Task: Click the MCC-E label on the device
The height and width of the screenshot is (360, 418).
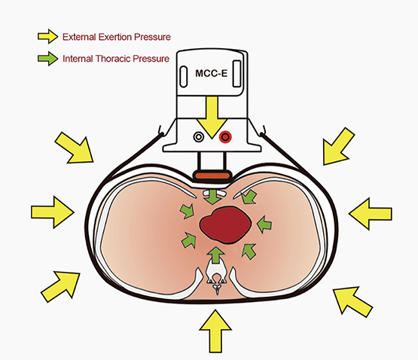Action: coord(212,73)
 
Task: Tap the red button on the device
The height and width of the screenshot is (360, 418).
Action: coord(225,137)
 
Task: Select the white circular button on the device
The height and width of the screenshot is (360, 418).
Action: coord(198,137)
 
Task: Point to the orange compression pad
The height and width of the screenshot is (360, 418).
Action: coord(212,175)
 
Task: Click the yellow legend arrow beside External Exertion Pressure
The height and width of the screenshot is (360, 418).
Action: coord(47,36)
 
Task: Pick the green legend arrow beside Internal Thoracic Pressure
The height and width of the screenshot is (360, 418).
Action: coord(47,59)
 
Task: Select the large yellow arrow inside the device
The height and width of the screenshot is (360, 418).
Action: coord(212,117)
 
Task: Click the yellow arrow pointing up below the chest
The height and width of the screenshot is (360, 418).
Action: coord(215,331)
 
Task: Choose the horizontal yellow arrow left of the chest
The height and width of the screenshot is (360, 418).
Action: coord(53,212)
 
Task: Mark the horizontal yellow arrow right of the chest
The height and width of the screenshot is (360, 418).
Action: coord(371,214)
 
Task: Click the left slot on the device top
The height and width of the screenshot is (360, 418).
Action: coord(184,77)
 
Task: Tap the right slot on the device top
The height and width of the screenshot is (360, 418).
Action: coord(237,74)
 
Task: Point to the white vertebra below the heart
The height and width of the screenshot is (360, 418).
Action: coord(217,277)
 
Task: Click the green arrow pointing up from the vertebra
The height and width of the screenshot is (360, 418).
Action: coord(216,255)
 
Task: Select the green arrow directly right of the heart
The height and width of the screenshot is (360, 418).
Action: coord(264,224)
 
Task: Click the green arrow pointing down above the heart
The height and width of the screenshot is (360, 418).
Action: coord(213,197)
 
